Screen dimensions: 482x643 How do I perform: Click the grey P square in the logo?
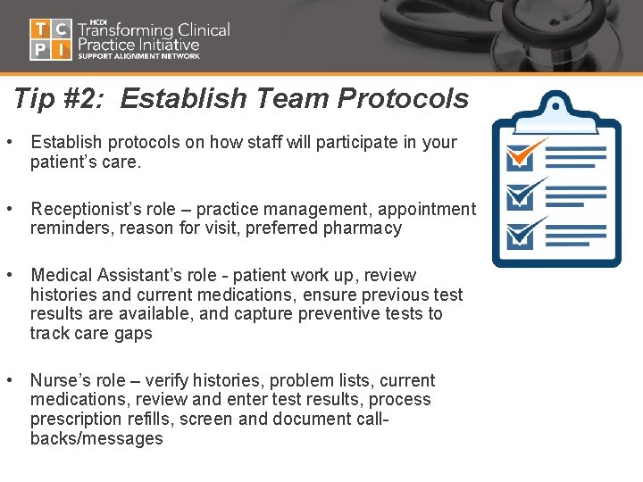[x=40, y=50]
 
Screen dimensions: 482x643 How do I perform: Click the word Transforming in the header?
[x=130, y=29]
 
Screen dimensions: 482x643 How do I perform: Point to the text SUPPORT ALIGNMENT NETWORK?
[x=138, y=56]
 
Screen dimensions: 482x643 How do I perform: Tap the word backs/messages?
[x=96, y=438]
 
